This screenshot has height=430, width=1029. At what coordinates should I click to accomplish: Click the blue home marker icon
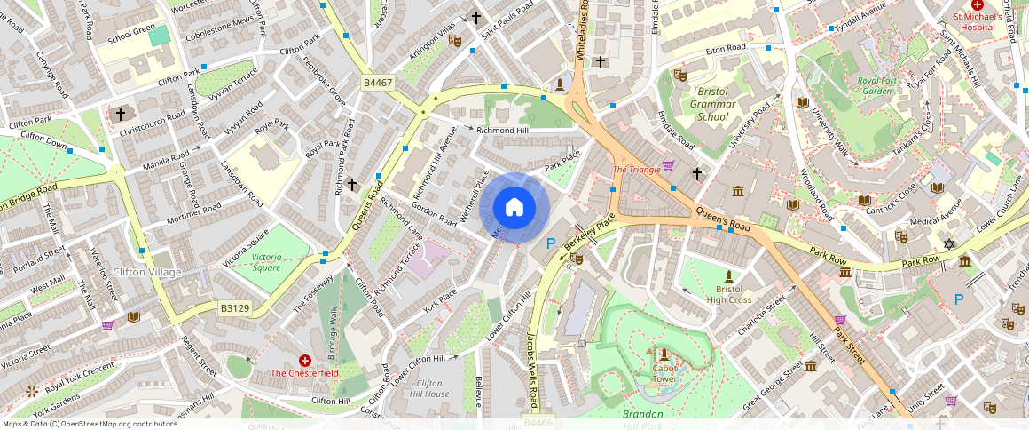pos(514,208)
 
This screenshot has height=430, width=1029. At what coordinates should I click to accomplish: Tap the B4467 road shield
pos(377,83)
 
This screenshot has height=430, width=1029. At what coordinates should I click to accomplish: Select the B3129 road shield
pos(235,308)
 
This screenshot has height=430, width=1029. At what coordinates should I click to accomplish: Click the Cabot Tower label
pos(664,373)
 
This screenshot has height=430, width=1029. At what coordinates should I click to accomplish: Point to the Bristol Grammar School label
pos(712,104)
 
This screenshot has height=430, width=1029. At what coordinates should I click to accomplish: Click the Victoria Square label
pos(266,262)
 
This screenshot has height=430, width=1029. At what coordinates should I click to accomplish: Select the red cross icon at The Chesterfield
pos(305,361)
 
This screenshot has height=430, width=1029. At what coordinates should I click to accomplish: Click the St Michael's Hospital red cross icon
pos(978,5)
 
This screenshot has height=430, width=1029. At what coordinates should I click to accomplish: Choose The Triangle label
pos(637,170)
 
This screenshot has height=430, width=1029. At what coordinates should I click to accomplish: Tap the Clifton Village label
pos(147,272)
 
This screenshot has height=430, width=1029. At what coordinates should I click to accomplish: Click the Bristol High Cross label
pos(729,294)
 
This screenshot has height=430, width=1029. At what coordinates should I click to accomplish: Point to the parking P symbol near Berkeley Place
pos(551,243)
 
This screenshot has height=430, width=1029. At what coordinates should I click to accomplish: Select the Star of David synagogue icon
pos(949,243)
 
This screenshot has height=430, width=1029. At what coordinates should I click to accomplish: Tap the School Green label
pos(130,40)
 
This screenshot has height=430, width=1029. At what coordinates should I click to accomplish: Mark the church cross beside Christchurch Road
pos(121,115)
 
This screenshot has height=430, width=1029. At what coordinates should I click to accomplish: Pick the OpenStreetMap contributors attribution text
pos(90,424)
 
